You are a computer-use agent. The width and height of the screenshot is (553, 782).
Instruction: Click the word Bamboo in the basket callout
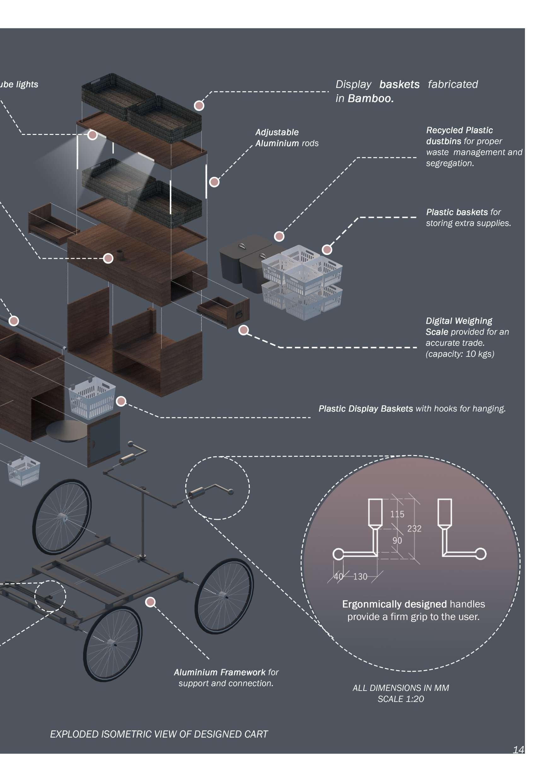(370, 98)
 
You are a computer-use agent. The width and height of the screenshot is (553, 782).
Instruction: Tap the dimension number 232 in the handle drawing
(414, 529)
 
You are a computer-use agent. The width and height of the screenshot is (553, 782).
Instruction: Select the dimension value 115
(397, 514)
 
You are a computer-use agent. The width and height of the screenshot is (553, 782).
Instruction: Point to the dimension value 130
(360, 576)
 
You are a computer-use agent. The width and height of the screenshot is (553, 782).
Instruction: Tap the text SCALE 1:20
(401, 699)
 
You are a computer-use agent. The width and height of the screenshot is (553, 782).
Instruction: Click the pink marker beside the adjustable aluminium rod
(214, 182)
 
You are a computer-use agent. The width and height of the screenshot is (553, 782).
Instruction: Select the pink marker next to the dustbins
(279, 236)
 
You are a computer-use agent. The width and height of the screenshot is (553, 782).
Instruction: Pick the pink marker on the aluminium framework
(150, 602)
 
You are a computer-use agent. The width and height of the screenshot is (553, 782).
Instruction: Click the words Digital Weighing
(459, 321)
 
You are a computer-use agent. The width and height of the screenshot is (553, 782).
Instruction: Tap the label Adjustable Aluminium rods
(287, 138)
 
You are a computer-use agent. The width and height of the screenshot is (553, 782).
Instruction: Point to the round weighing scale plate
(67, 430)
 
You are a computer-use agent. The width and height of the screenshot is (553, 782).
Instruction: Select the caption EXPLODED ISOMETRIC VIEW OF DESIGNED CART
(159, 734)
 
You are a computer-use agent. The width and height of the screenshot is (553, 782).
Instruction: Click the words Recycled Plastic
(459, 130)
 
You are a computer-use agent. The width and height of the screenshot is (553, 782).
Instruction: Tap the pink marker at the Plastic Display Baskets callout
(121, 401)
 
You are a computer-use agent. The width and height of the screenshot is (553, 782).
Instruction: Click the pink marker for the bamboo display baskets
(199, 106)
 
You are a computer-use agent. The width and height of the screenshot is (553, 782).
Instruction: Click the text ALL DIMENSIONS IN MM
(401, 688)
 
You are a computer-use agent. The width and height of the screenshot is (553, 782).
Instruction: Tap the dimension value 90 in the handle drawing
(397, 541)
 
